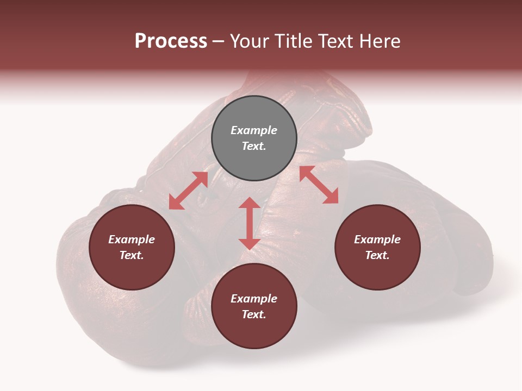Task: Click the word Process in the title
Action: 171,41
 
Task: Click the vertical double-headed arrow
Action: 250,223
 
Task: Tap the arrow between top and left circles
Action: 188,191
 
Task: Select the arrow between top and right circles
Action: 319,185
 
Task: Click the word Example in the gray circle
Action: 254,130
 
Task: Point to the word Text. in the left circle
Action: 132,255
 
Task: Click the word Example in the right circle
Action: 377,239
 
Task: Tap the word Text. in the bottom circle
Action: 254,314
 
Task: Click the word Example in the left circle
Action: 132,239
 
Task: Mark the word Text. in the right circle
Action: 377,255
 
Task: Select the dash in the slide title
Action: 218,42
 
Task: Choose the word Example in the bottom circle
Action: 254,299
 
